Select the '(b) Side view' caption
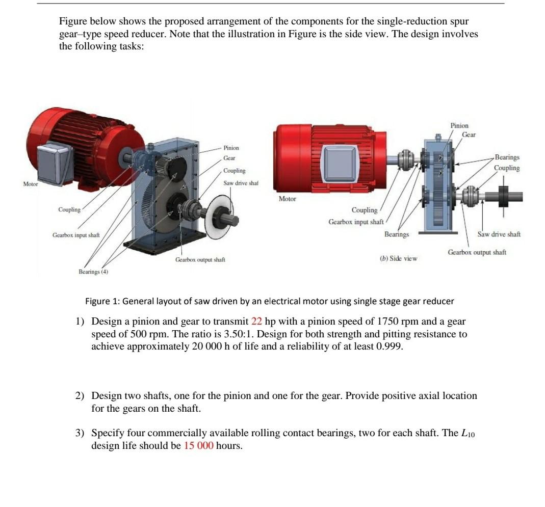point(398,258)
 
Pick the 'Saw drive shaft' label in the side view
point(499,234)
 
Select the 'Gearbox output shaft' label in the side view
point(477,252)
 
